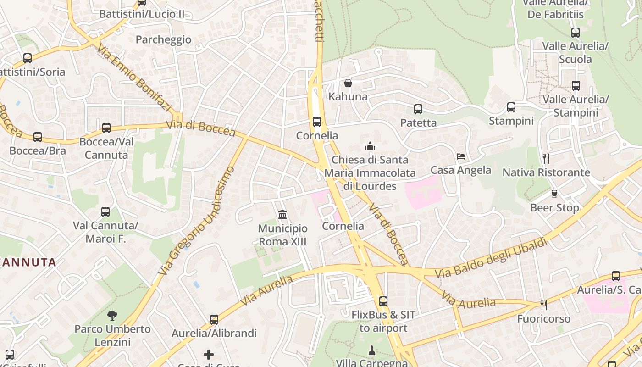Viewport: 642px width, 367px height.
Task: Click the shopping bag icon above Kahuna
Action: pyautogui.click(x=348, y=83)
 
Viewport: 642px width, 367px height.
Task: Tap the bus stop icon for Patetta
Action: pyautogui.click(x=418, y=109)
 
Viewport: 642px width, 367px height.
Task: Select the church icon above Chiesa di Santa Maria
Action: pyautogui.click(x=370, y=146)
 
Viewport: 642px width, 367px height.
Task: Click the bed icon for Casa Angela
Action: pyautogui.click(x=461, y=156)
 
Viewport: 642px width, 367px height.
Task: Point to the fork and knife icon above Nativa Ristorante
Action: pyautogui.click(x=546, y=159)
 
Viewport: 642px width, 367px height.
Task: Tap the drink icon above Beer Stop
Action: pyautogui.click(x=554, y=194)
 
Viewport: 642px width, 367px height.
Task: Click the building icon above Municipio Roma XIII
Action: pyautogui.click(x=282, y=214)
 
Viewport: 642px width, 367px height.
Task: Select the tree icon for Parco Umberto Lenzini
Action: pyautogui.click(x=112, y=315)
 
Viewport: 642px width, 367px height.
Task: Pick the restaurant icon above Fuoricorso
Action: pyautogui.click(x=544, y=305)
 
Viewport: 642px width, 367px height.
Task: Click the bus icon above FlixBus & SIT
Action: pyautogui.click(x=383, y=301)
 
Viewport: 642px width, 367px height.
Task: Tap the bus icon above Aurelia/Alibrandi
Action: pyautogui.click(x=214, y=319)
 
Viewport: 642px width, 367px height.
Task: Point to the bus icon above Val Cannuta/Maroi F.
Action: pyautogui.click(x=105, y=212)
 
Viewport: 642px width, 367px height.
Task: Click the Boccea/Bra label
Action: pyautogui.click(x=38, y=150)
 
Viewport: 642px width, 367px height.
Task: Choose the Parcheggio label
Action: pyautogui.click(x=163, y=39)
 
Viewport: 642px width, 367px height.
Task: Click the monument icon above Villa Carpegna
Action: pyautogui.click(x=372, y=351)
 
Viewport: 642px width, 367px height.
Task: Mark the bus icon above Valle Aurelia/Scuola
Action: pyautogui.click(x=576, y=33)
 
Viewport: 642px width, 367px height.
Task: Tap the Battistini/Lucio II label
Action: pyautogui.click(x=142, y=14)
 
